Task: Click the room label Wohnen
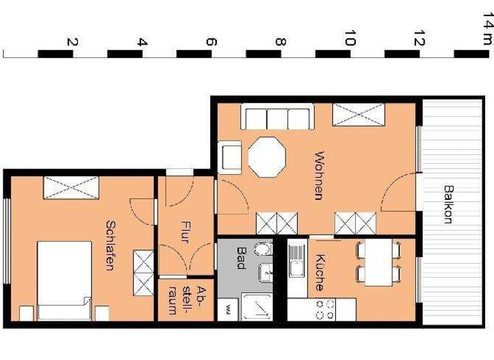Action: click(318, 175)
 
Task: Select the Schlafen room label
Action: click(110, 245)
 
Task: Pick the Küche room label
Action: click(319, 273)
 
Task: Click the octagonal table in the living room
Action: click(267, 157)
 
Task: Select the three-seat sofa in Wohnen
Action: click(277, 118)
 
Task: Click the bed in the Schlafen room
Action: click(64, 280)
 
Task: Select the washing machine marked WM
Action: click(228, 310)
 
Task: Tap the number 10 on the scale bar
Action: click(349, 39)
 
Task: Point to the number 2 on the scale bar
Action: click(72, 42)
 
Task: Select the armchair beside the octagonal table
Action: click(230, 157)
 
